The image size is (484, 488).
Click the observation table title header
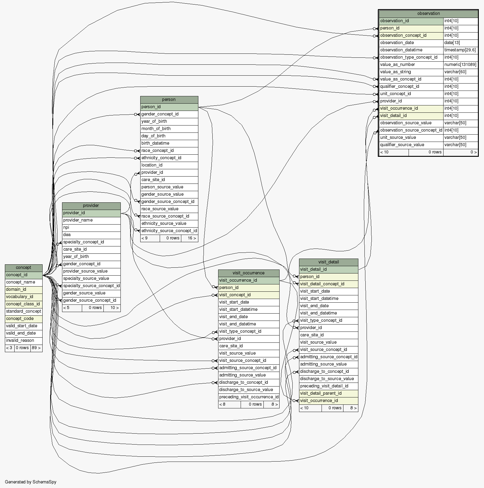click(x=428, y=14)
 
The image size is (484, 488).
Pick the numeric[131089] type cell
click(x=460, y=65)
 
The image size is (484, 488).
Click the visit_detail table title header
click(x=329, y=262)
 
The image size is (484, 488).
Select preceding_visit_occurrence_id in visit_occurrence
click(x=249, y=397)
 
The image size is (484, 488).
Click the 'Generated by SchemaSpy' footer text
click(x=30, y=482)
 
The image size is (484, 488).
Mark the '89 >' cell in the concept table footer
click(x=36, y=348)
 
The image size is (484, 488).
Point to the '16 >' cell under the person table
click(x=190, y=238)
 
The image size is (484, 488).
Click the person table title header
click(x=169, y=100)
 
